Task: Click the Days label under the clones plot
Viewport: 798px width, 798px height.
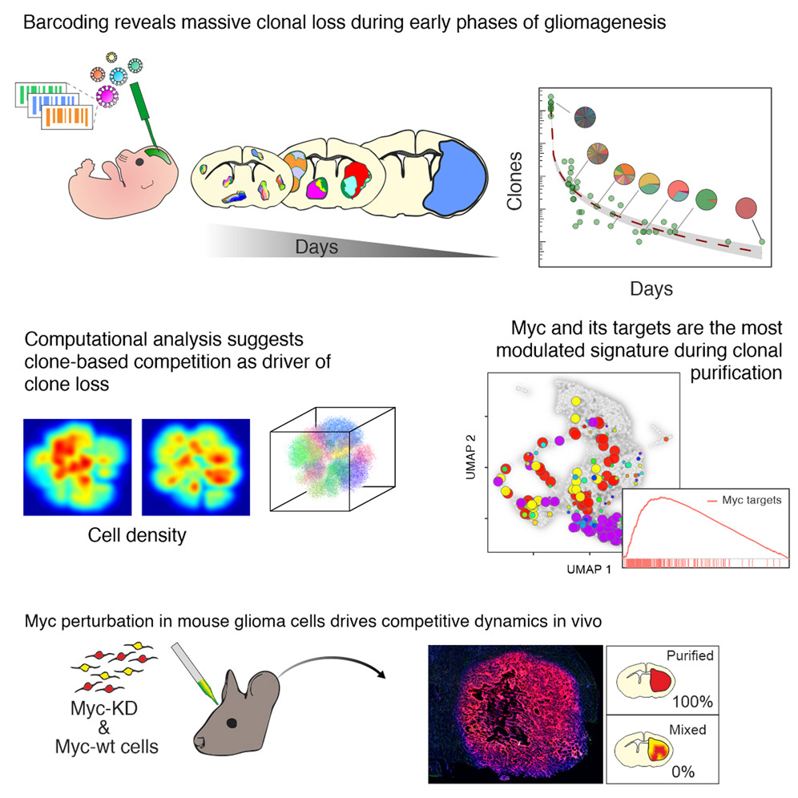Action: pyautogui.click(x=650, y=287)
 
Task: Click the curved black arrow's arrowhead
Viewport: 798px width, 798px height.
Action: pyautogui.click(x=380, y=673)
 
